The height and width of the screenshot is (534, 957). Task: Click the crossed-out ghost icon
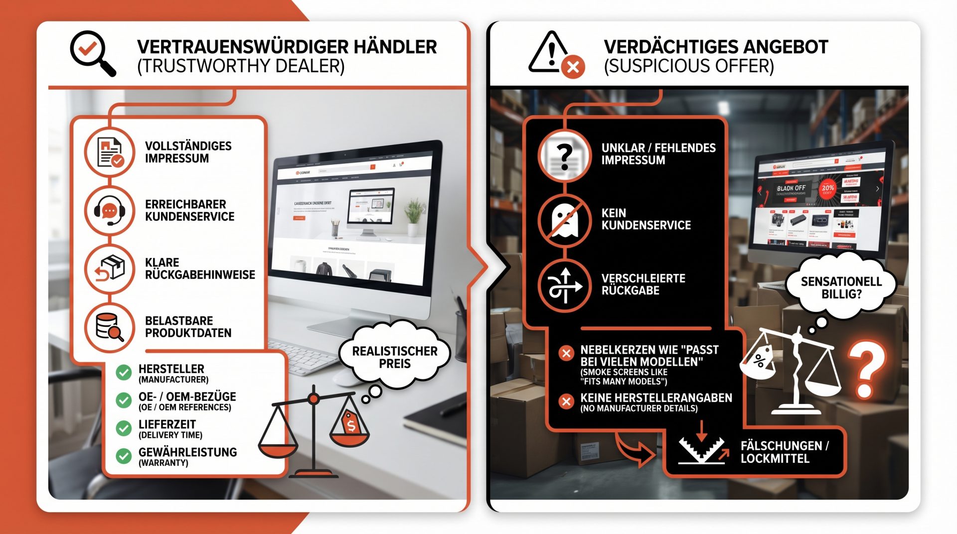pyautogui.click(x=564, y=220)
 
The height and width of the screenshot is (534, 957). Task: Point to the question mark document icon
pyautogui.click(x=564, y=156)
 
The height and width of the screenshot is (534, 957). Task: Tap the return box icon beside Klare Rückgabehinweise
pyautogui.click(x=109, y=269)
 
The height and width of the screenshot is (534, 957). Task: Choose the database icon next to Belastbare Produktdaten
pyautogui.click(x=109, y=327)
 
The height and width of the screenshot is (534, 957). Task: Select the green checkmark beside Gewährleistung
pyautogui.click(x=123, y=456)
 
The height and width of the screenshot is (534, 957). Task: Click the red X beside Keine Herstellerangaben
pyautogui.click(x=566, y=401)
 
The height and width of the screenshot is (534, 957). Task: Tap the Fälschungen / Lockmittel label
pyautogui.click(x=784, y=452)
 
